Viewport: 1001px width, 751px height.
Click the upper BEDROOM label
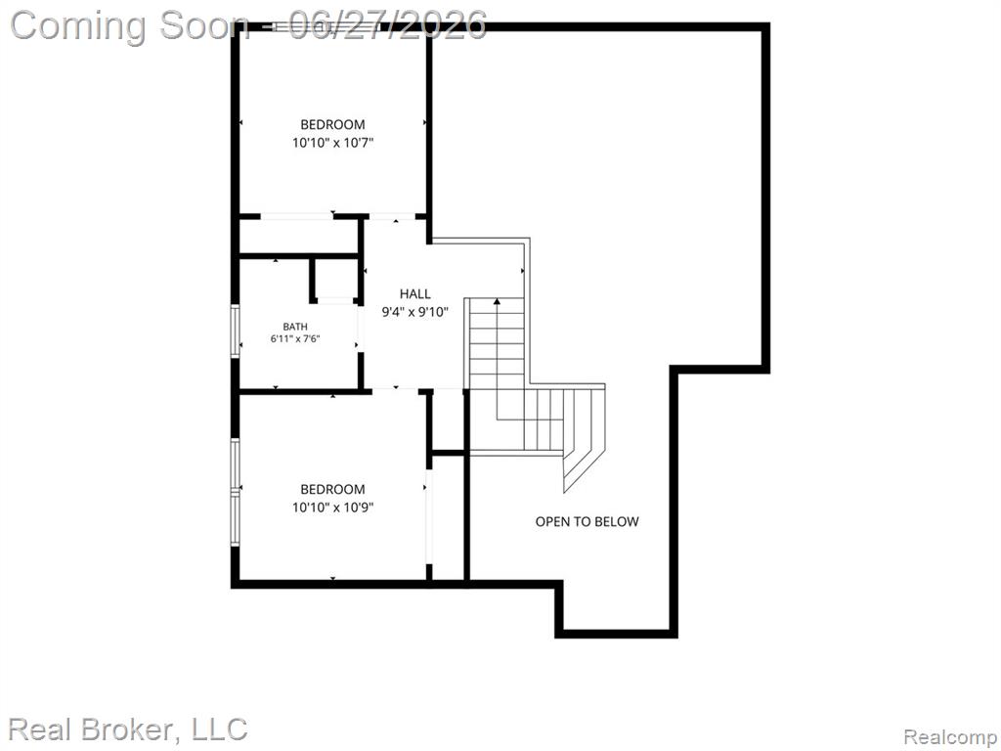pos(332,124)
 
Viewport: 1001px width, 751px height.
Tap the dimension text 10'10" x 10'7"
pos(332,143)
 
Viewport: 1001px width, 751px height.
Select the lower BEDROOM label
pos(332,489)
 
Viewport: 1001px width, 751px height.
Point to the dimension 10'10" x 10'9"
pos(332,508)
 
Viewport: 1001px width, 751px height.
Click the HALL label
pos(414,293)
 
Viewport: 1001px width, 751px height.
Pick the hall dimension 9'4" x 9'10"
pos(414,312)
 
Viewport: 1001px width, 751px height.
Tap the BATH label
pos(295,327)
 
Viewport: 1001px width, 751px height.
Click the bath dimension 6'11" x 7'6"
pos(295,339)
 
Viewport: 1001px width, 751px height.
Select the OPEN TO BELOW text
pos(587,522)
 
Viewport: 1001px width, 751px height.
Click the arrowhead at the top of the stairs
pos(497,301)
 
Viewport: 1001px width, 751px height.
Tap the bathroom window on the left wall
pos(235,331)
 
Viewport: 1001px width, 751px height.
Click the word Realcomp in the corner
pos(949,737)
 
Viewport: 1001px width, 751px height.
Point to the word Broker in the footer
pos(128,729)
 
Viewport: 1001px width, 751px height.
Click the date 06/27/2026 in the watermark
pos(387,25)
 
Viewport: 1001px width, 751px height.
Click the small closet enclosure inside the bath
pos(334,279)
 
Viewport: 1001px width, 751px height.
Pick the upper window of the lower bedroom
pos(235,464)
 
